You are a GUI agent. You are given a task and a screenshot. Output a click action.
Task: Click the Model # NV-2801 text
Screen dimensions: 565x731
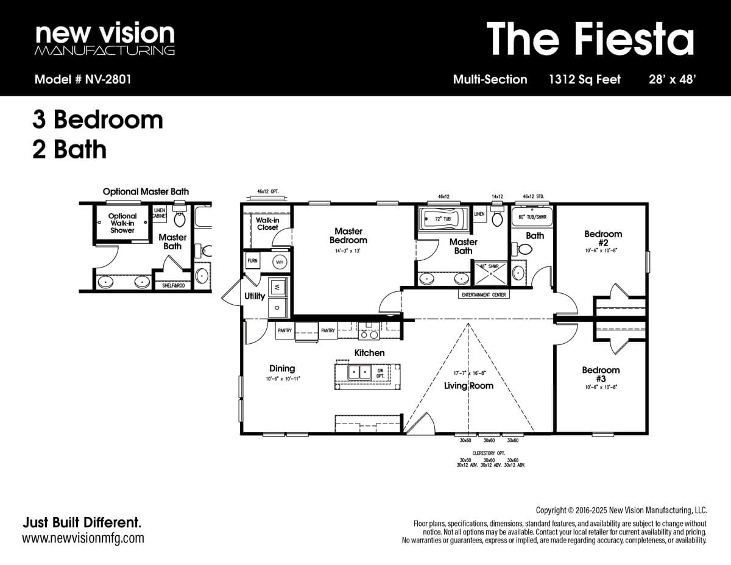tap(83, 79)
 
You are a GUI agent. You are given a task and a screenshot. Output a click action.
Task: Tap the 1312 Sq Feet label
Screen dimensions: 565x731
tap(584, 79)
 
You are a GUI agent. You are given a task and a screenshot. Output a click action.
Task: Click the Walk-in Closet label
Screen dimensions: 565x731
tap(267, 224)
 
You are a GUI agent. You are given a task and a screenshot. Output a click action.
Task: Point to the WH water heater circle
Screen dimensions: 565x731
tap(280, 261)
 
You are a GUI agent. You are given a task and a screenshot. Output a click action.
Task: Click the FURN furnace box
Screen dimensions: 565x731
tap(252, 261)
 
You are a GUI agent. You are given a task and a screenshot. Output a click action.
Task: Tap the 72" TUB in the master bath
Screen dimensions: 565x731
tap(442, 218)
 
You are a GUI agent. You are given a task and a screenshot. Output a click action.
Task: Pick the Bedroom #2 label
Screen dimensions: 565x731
tap(603, 238)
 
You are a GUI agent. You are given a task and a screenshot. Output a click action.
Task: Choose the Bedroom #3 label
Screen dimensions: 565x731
tap(601, 374)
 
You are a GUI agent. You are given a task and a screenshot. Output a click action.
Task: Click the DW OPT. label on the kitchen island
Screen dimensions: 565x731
tap(381, 372)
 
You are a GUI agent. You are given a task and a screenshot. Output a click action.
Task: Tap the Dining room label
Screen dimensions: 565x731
tap(282, 368)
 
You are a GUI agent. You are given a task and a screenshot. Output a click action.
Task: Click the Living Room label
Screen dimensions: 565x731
tap(468, 385)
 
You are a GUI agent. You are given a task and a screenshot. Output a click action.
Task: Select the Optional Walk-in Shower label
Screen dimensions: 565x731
tap(122, 223)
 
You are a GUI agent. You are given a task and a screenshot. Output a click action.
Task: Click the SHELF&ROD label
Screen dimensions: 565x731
tap(174, 285)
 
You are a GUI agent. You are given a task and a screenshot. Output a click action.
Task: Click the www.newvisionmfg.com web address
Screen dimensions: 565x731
tap(83, 538)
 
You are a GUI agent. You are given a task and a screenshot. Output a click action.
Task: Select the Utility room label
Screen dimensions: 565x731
tap(255, 296)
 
